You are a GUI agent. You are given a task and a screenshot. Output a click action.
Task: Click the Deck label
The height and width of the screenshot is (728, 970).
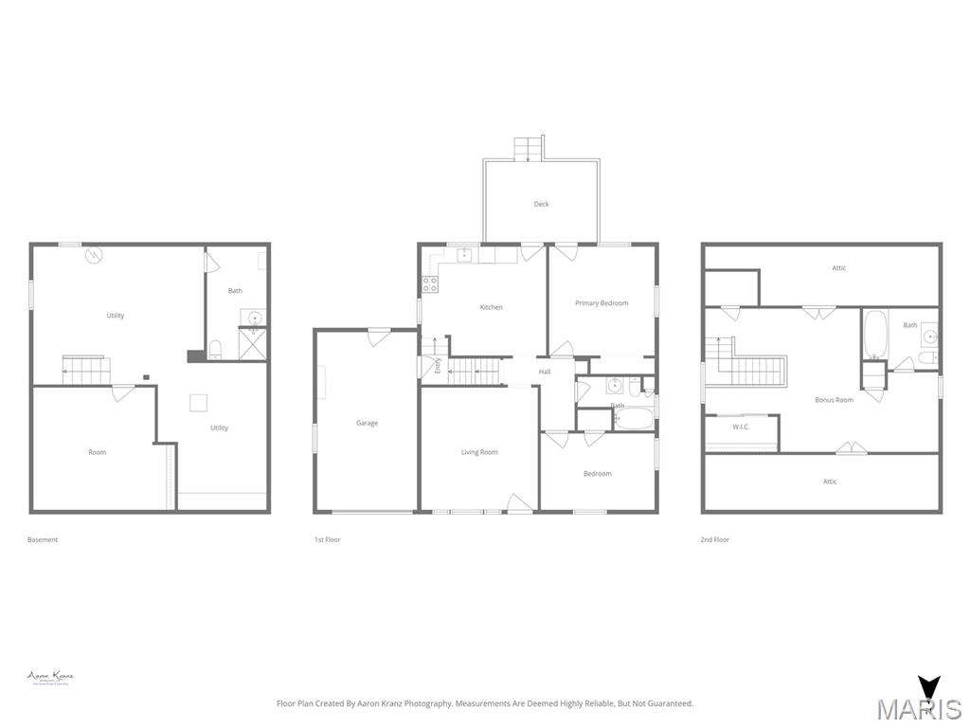click(541, 204)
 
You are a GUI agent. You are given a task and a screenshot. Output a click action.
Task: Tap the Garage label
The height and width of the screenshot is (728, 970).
click(367, 423)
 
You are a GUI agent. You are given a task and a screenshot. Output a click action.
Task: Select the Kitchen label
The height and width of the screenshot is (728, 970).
click(491, 307)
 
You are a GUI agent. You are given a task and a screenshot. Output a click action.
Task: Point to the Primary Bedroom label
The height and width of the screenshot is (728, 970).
click(602, 303)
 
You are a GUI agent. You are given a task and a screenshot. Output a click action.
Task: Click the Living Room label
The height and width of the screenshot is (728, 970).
click(479, 452)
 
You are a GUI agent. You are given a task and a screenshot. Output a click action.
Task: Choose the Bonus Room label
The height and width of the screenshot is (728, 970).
click(834, 400)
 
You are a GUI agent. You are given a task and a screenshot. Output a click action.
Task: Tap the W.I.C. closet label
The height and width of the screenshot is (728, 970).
click(741, 427)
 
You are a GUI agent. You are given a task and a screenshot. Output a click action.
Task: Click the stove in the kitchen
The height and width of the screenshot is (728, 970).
click(429, 283)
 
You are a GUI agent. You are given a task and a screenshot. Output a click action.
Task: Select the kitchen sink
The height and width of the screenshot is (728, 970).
click(464, 254)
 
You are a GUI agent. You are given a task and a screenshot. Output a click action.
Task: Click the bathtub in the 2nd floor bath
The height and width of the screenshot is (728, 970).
click(874, 335)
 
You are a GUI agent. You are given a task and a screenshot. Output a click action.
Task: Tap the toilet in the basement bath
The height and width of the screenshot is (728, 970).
click(215, 348)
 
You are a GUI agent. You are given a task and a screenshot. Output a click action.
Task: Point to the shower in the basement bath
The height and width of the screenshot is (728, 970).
click(253, 343)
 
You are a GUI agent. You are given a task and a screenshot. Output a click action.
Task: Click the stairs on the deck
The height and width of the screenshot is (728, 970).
click(529, 149)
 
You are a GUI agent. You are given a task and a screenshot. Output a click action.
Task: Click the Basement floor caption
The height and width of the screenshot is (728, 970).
click(43, 539)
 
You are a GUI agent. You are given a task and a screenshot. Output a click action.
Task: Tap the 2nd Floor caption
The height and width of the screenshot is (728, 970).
click(715, 539)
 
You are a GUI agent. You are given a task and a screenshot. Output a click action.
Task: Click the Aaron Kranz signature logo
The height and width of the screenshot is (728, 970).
click(50, 678)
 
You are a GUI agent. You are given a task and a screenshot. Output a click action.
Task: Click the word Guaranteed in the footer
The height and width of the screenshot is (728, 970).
click(669, 703)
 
